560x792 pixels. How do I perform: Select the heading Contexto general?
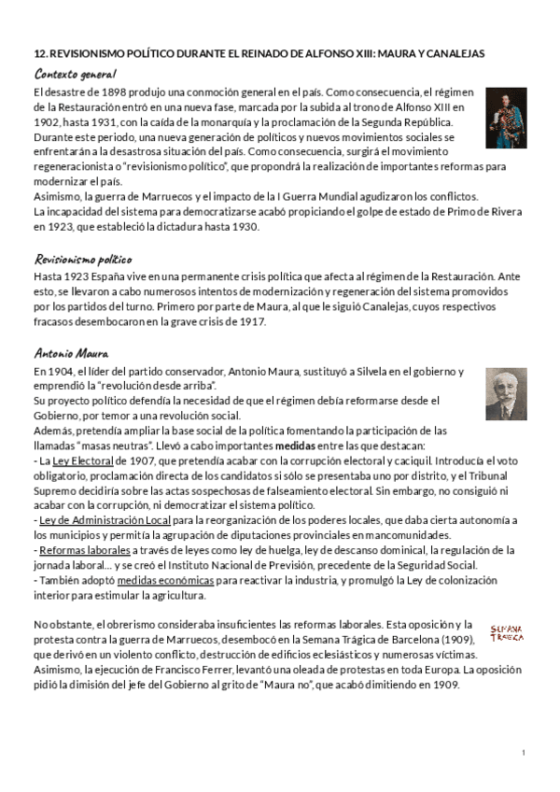75,73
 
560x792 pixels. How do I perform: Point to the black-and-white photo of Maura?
505,393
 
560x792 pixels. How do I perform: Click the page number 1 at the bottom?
524,753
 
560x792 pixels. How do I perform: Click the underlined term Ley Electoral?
83,461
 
